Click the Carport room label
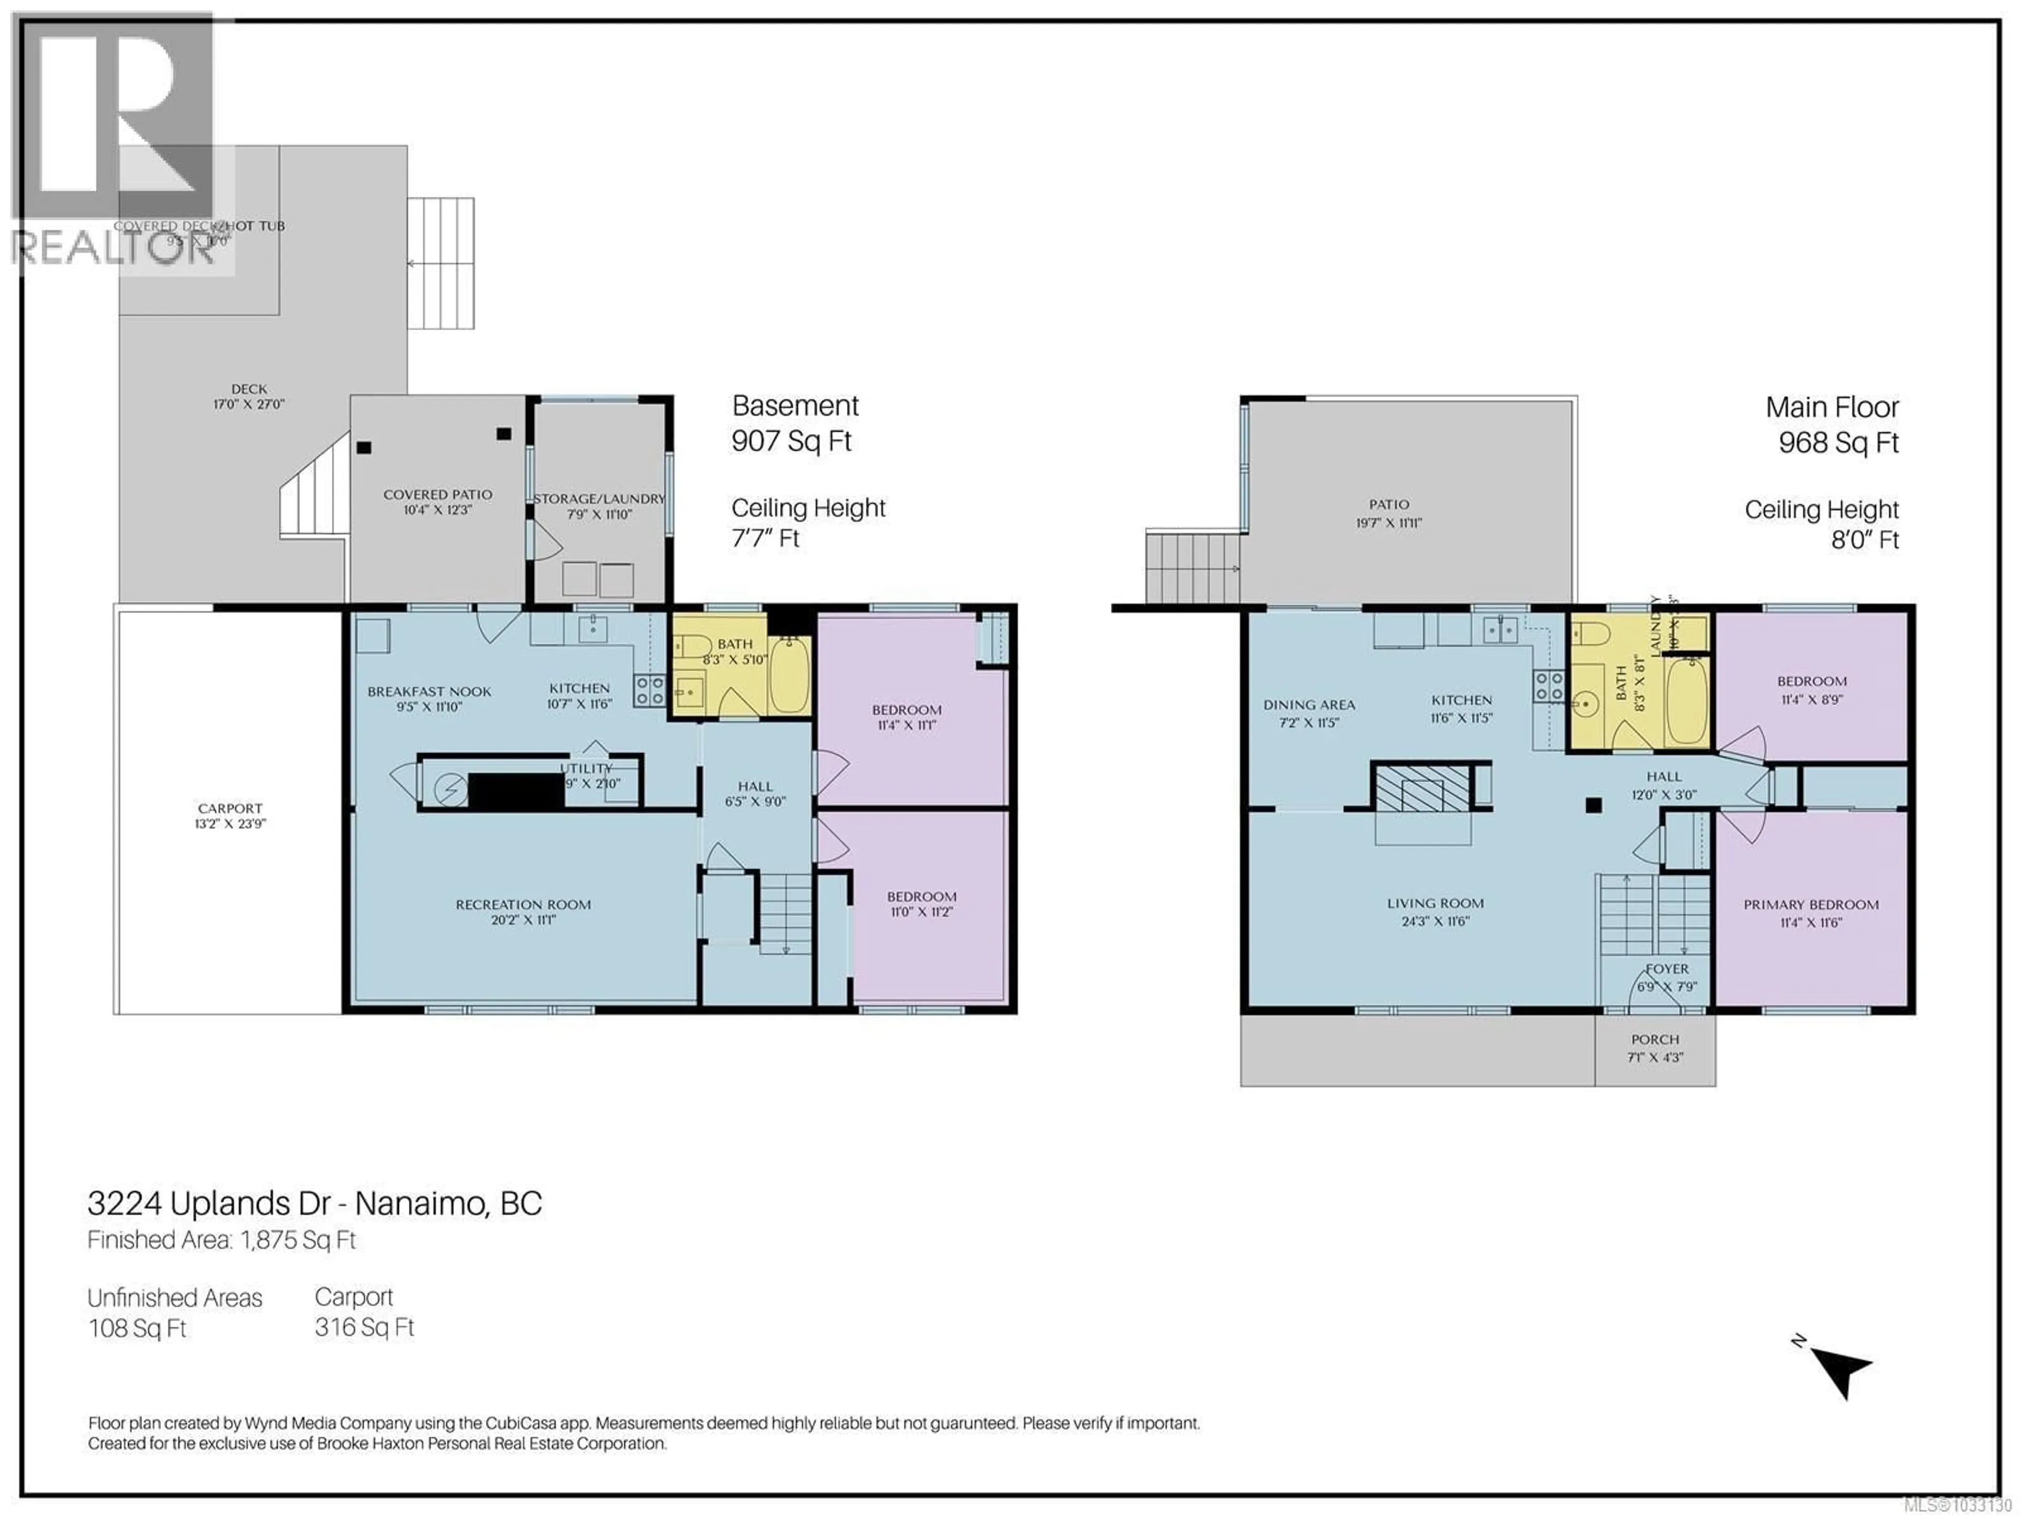[x=230, y=808]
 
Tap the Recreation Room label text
[x=523, y=904]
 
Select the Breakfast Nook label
[x=429, y=691]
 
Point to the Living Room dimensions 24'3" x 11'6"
[x=1436, y=922]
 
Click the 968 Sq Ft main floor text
[x=1839, y=443]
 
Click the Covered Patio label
[x=438, y=494]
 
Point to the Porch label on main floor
[x=1655, y=1039]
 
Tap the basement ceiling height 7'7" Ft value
[x=765, y=538]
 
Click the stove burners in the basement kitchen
[x=649, y=690]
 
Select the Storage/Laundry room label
[x=599, y=499]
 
